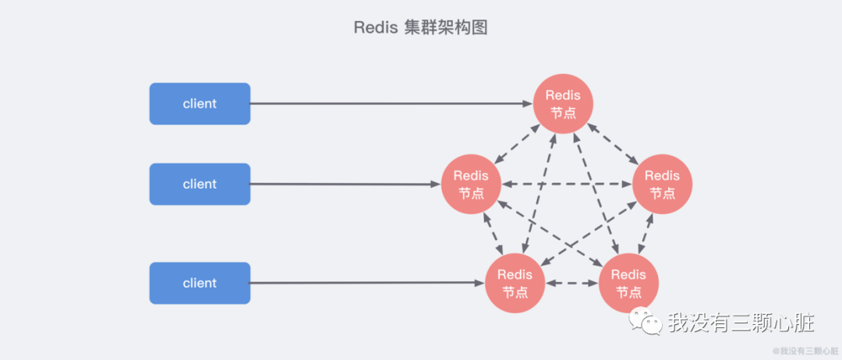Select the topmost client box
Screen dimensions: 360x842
[200, 104]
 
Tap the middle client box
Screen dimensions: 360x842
[200, 184]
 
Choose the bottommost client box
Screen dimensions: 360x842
[200, 283]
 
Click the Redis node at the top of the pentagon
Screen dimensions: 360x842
[563, 104]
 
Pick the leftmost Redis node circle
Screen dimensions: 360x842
[471, 185]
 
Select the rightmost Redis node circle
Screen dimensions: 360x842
[662, 185]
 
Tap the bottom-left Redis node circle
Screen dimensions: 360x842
[515, 283]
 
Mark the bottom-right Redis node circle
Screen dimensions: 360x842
[628, 283]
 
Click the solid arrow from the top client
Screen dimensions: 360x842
[390, 104]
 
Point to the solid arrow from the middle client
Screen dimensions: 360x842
[343, 185]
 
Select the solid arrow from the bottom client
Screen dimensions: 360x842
[366, 283]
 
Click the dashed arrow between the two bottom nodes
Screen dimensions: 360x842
[571, 283]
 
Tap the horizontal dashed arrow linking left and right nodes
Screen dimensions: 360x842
[566, 185]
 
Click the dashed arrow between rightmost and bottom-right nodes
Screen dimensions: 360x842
[646, 233]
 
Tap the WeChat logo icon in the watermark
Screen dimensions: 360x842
[647, 321]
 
